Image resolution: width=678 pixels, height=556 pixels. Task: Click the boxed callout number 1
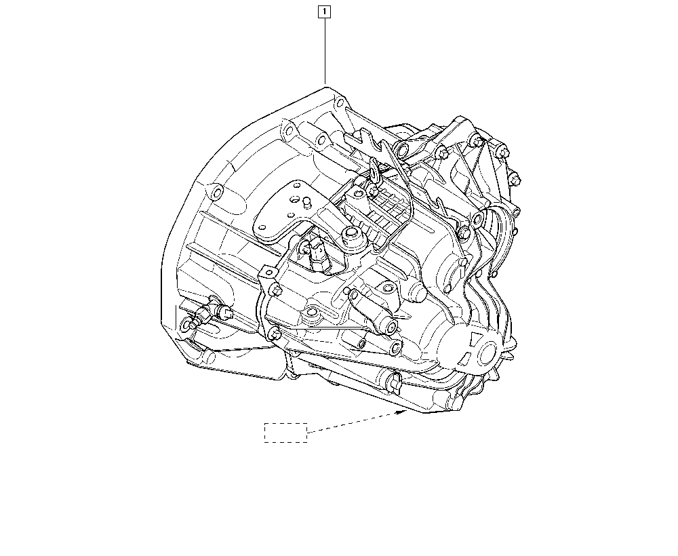(x=324, y=12)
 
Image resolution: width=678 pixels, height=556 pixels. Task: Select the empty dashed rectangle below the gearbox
(x=286, y=433)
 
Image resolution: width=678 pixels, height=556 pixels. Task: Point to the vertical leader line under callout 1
(x=324, y=51)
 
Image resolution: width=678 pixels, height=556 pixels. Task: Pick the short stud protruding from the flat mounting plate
(x=306, y=202)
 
